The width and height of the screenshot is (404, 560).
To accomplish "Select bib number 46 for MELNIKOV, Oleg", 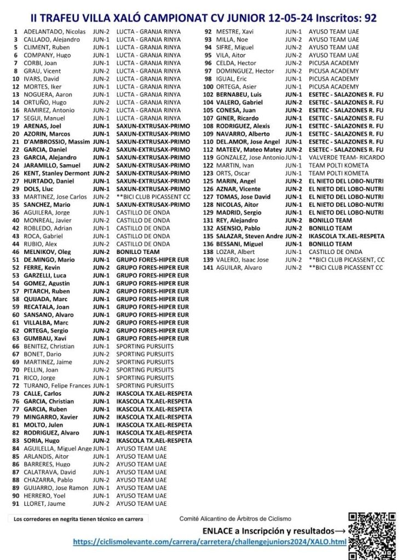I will pyautogui.click(x=16, y=252).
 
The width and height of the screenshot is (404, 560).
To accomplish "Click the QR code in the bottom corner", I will pyautogui.click(x=372, y=535).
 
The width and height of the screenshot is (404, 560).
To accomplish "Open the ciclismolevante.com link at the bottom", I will pyautogui.click(x=210, y=542).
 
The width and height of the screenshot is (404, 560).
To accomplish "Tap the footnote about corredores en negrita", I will pyautogui.click(x=78, y=519).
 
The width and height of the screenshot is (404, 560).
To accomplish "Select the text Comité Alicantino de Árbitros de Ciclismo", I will pyautogui.click(x=235, y=518).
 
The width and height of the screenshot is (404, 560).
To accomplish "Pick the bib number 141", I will pyautogui.click(x=208, y=268).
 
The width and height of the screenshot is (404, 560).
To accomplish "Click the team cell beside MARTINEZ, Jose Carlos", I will pyautogui.click(x=153, y=197).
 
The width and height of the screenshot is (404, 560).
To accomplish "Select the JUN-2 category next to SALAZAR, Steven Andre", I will pyautogui.click(x=293, y=236).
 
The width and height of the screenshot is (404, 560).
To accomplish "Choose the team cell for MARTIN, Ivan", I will pyautogui.click(x=338, y=165).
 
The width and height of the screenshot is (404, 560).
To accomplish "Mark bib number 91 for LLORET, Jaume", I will pyautogui.click(x=16, y=504).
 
